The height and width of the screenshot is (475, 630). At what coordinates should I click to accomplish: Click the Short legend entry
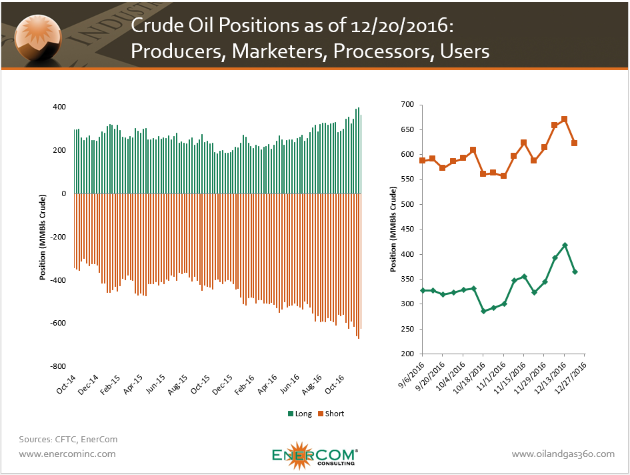click(330, 414)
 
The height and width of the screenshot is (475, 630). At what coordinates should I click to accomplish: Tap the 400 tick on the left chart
click(59, 107)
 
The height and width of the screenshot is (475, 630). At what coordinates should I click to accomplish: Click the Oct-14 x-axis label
click(65, 388)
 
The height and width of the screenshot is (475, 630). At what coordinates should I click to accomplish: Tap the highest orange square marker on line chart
click(565, 119)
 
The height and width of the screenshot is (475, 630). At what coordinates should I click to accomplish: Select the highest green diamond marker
click(565, 246)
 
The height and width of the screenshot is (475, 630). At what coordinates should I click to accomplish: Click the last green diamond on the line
click(575, 272)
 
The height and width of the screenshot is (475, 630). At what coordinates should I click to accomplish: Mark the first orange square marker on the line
click(423, 161)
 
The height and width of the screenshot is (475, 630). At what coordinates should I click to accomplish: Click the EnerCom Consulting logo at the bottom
click(315, 455)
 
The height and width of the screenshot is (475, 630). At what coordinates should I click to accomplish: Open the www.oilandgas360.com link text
click(563, 454)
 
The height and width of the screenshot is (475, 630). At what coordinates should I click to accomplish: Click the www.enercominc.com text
click(67, 454)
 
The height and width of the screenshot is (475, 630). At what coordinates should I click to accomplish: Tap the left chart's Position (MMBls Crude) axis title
click(43, 238)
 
